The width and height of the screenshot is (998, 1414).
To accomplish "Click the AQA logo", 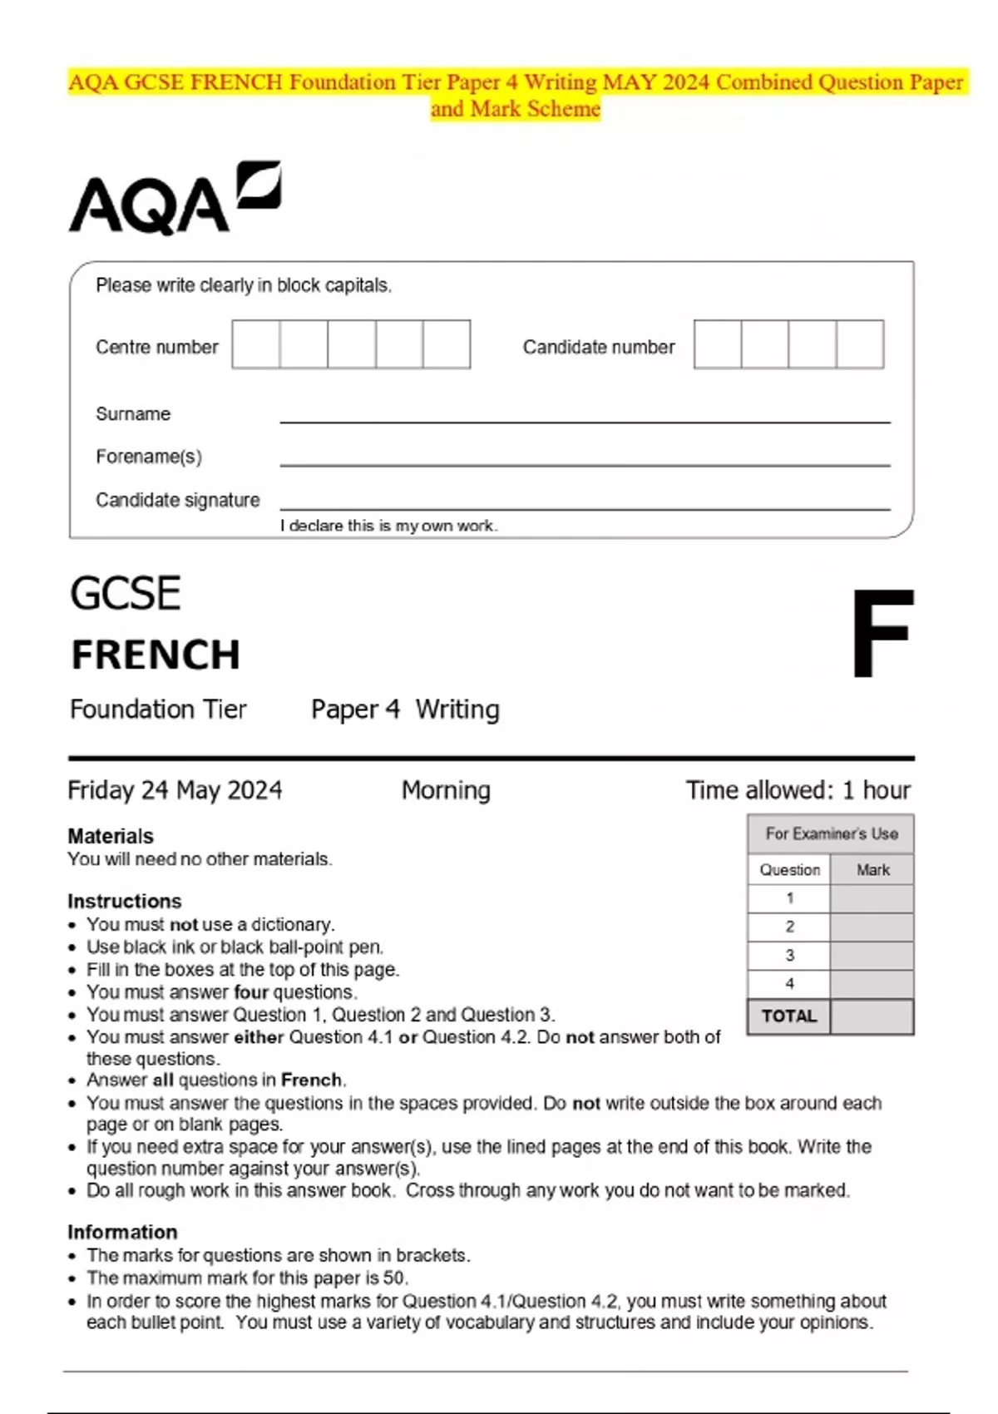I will click(174, 199).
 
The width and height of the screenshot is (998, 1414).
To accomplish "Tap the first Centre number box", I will click(255, 344).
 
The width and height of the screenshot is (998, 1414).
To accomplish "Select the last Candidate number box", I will click(860, 344).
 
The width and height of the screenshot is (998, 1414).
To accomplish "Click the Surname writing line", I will click(584, 415).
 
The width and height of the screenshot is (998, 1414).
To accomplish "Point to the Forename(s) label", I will click(148, 457).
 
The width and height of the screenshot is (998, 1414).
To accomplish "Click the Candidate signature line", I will click(584, 502).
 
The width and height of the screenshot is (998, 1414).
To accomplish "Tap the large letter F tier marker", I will click(881, 633).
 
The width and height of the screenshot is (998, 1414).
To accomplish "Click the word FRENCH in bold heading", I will click(156, 655).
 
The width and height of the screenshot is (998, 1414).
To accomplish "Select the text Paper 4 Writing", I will click(405, 709).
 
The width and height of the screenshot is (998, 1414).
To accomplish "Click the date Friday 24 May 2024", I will click(175, 789).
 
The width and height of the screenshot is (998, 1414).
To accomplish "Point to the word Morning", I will click(446, 789).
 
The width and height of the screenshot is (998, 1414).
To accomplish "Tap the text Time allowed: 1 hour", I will click(798, 789).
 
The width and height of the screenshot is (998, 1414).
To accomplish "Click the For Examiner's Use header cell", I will click(831, 833).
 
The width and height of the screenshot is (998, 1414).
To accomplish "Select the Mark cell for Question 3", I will click(872, 955).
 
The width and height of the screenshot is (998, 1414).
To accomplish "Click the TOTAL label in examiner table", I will click(788, 1016).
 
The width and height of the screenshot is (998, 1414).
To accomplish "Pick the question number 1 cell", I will click(788, 898).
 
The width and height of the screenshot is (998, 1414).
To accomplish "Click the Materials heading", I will click(111, 836).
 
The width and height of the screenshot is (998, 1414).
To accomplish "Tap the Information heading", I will click(122, 1232).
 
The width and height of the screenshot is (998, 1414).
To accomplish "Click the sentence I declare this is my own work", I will click(388, 526).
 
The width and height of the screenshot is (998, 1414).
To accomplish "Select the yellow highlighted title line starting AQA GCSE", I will click(516, 82).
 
